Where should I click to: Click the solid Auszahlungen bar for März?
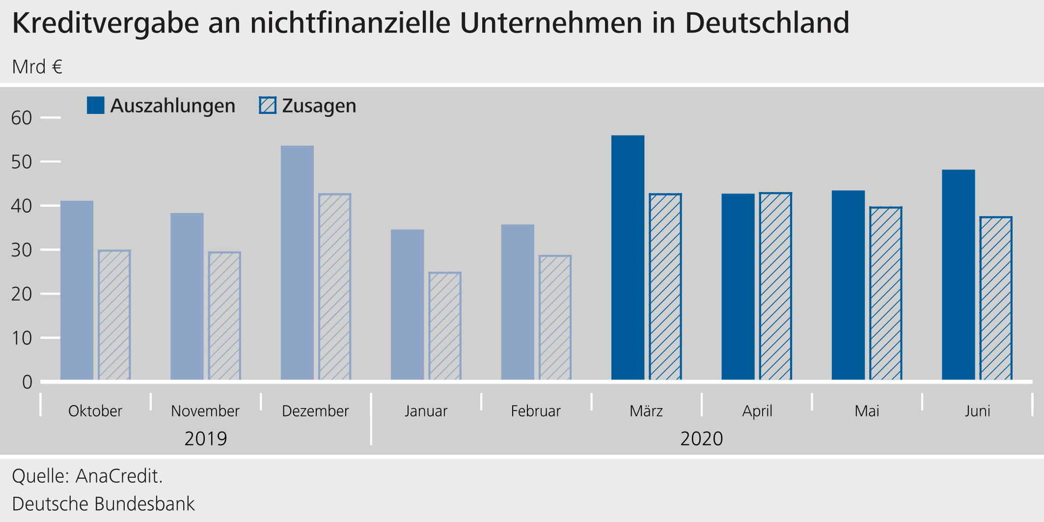pyautogui.click(x=628, y=257)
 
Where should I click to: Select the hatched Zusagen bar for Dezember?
pyautogui.click(x=334, y=287)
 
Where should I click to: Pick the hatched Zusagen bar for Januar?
pyautogui.click(x=444, y=326)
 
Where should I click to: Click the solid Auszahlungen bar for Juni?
pyautogui.click(x=958, y=275)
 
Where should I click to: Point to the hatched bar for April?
pyautogui.click(x=775, y=286)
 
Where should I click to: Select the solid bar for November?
pyautogui.click(x=187, y=296)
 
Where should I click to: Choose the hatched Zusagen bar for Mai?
pyautogui.click(x=885, y=293)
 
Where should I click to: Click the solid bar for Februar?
pyautogui.click(x=518, y=302)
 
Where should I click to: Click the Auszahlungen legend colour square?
pyautogui.click(x=95, y=106)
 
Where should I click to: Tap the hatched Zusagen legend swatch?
pyautogui.click(x=268, y=106)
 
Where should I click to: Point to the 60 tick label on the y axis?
pyautogui.click(x=22, y=118)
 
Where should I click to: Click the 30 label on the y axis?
pyautogui.click(x=22, y=250)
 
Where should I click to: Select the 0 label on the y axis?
pyautogui.click(x=27, y=382)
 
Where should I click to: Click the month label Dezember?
pyautogui.click(x=315, y=411)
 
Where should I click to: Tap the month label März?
pyautogui.click(x=646, y=411)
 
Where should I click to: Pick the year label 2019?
pyautogui.click(x=205, y=439)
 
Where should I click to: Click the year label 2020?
pyautogui.click(x=701, y=439)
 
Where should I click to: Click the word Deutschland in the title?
pyautogui.click(x=767, y=23)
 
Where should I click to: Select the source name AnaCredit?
pyautogui.click(x=119, y=476)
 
